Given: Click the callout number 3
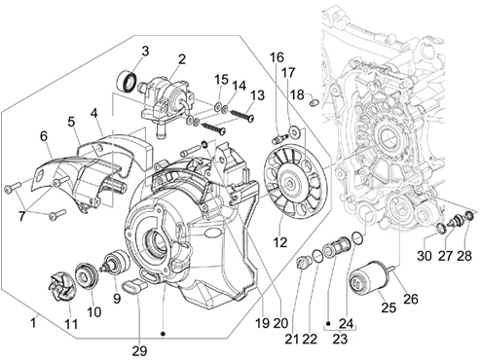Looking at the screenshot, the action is (x=145, y=51).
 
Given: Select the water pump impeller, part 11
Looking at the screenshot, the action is (x=62, y=287).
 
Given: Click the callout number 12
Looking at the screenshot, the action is (x=280, y=242).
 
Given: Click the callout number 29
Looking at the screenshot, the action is (x=139, y=350).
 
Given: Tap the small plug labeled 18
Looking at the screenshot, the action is (x=314, y=101).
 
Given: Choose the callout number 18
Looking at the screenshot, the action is (x=297, y=94).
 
